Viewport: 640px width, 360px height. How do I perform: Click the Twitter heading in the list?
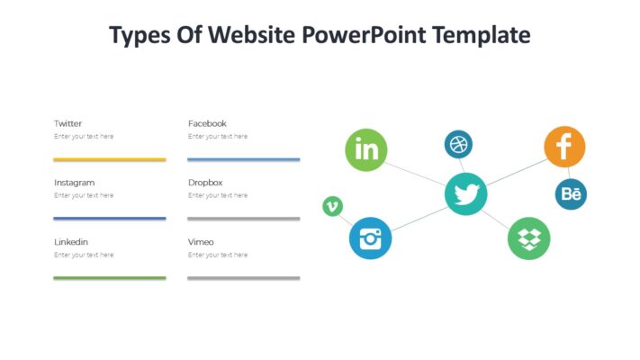pos(68,123)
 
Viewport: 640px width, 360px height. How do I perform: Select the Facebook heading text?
pos(207,123)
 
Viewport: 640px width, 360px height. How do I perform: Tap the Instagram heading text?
pos(74,183)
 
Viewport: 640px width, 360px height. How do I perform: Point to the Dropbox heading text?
pos(205,183)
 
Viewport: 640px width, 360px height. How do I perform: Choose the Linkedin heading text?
pos(71,242)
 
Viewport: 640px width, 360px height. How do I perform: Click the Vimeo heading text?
pos(201,242)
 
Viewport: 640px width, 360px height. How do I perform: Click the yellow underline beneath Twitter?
pos(109,159)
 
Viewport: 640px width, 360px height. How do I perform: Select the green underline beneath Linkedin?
pos(109,278)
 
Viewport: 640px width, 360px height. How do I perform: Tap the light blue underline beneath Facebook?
pos(243,159)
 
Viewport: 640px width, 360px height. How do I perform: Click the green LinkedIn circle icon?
pos(366,149)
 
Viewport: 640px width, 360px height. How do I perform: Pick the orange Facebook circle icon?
pos(564,147)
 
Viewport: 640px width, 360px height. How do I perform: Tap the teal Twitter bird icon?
pos(465,194)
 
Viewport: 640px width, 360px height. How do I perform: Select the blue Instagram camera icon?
pos(370,238)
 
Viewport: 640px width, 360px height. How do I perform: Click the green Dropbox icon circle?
pos(528,238)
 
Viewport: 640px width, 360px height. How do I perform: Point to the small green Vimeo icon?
pos(332,207)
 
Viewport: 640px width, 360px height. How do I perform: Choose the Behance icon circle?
pos(571,193)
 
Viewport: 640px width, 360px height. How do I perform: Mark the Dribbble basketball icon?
pos(458,144)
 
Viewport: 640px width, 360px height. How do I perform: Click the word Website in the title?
pos(253,35)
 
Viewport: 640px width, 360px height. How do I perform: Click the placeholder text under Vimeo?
pos(218,255)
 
